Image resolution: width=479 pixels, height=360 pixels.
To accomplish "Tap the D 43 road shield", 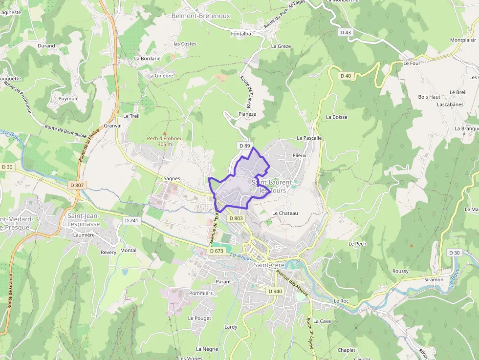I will click(345, 32).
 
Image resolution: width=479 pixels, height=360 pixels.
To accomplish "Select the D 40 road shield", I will click(346, 75).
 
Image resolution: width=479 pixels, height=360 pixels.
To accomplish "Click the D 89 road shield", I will click(244, 146).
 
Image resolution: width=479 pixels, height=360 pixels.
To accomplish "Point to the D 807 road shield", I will click(77, 185).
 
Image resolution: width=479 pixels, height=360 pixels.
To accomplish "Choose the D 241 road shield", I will click(131, 220).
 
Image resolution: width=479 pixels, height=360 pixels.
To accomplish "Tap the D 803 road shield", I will click(236, 218).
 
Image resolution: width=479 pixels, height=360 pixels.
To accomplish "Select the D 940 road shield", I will click(275, 291).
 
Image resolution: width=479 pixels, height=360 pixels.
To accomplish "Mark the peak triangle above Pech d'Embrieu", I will click(164, 133).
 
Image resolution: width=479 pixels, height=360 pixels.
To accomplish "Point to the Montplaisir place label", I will click(463, 40).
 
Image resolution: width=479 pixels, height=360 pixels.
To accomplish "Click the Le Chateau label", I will click(285, 213).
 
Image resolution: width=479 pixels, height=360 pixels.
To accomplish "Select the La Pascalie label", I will click(309, 138).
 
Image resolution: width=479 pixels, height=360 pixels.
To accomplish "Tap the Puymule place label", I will click(68, 98).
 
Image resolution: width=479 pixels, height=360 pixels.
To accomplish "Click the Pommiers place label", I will click(200, 293).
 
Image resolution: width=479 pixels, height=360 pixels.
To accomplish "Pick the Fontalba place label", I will click(241, 34).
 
